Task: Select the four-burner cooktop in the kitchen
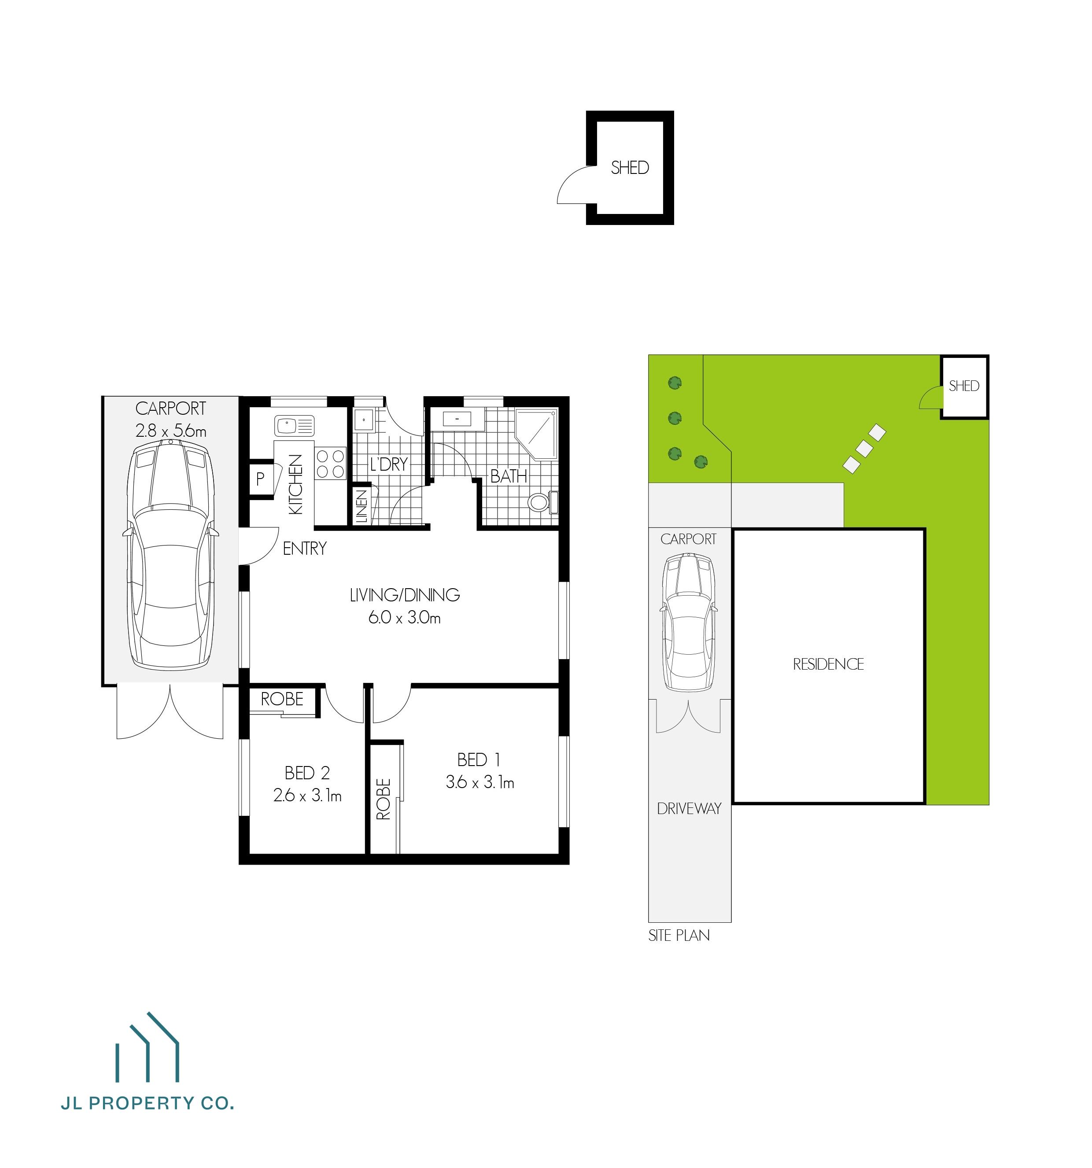(330, 463)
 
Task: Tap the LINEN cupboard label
(362, 506)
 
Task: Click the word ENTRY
(304, 549)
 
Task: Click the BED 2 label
(307, 773)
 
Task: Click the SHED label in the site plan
(964, 386)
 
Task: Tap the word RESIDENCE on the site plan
(828, 664)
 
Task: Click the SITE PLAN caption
(679, 936)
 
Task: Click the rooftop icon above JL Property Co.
(148, 1054)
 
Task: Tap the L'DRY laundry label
(388, 465)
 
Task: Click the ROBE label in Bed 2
(282, 699)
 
